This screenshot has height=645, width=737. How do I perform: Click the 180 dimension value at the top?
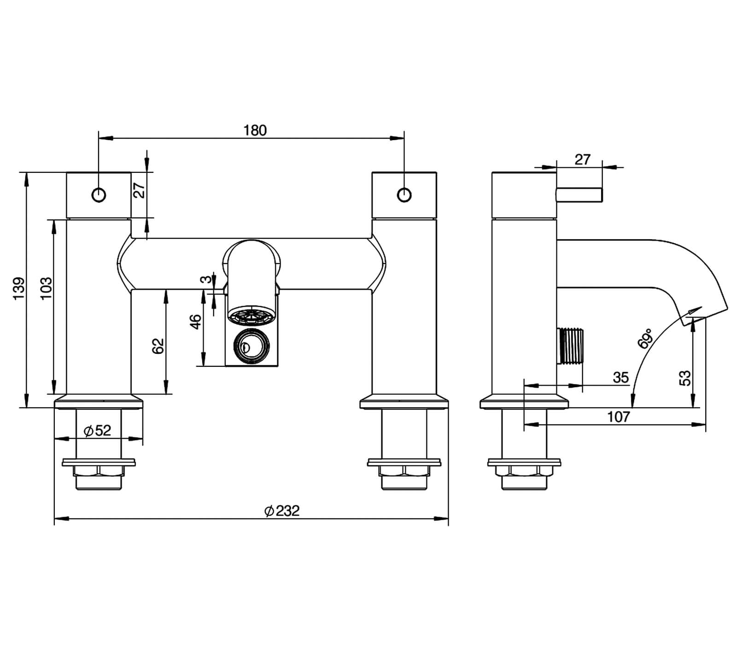click(x=255, y=131)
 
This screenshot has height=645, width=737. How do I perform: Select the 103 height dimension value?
click(x=47, y=289)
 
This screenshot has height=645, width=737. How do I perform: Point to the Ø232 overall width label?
click(x=282, y=510)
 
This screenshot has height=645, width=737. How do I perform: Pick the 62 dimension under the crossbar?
click(x=158, y=346)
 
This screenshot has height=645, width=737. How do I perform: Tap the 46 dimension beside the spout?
click(x=196, y=322)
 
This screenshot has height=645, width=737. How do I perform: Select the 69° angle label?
click(x=645, y=339)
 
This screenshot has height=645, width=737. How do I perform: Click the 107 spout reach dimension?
click(x=618, y=417)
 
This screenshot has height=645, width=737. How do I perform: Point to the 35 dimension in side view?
click(x=620, y=378)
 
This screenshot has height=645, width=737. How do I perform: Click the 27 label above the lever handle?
click(x=582, y=159)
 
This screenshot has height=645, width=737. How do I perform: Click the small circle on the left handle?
click(x=99, y=195)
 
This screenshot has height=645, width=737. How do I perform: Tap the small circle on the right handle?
click(x=404, y=195)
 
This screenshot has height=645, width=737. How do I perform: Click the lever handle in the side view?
click(x=579, y=195)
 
